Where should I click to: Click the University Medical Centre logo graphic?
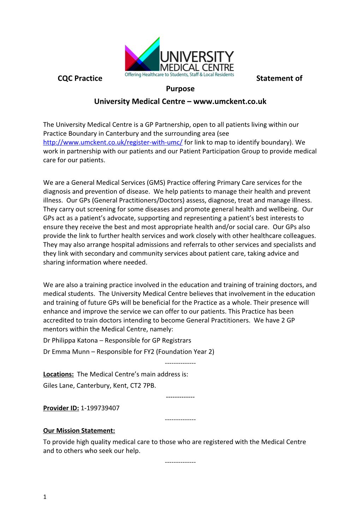pos(179,56)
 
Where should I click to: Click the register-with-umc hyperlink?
pos(113,143)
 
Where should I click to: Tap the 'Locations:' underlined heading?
pos(58,374)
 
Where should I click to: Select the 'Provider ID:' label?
pos(61,408)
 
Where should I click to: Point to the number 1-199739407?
pos(100,408)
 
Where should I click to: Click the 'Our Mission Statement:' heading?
pos(79,431)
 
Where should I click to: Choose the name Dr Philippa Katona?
pos(70,340)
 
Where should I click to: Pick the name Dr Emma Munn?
pos(66,352)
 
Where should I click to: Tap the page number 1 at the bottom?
pos(45,497)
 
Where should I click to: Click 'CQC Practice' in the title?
pos(80,78)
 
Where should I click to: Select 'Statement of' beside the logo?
pos(279,78)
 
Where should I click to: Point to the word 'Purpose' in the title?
pos(180,89)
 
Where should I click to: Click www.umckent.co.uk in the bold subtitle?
pos(230,102)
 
